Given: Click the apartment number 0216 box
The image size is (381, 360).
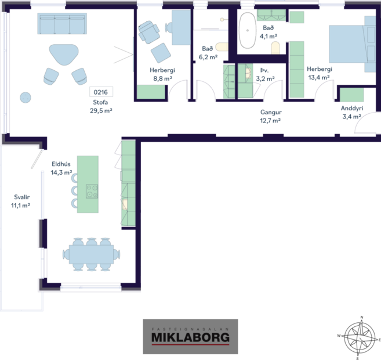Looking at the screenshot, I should coord(101,92).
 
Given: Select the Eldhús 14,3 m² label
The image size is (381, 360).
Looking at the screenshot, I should coord(60,168).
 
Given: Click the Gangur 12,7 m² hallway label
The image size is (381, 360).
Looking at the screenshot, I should coord(270,116).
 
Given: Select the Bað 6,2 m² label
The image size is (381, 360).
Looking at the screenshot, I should coord(208,53).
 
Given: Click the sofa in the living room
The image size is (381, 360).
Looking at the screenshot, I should coord(65,24).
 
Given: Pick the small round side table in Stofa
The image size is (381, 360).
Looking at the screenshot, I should coord(25,96).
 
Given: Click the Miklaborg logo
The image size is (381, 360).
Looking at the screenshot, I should coord(190,336).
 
